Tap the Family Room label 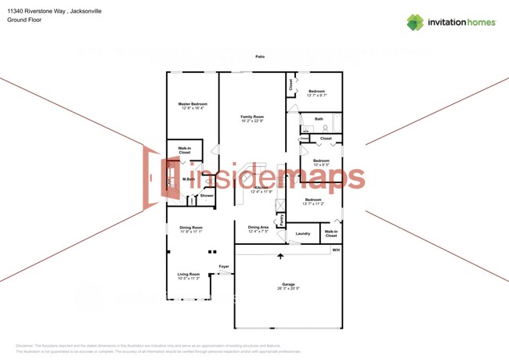(251, 116)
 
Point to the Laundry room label (302, 233)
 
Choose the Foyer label (223, 266)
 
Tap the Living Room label (189, 274)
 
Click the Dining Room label (191, 228)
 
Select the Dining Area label (258, 228)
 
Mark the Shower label (206, 195)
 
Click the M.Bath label (189, 179)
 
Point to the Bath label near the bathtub (319, 119)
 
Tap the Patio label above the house (259, 56)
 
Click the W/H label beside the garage (336, 250)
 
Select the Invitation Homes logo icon (414, 22)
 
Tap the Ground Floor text (23, 20)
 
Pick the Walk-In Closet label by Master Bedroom (185, 149)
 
